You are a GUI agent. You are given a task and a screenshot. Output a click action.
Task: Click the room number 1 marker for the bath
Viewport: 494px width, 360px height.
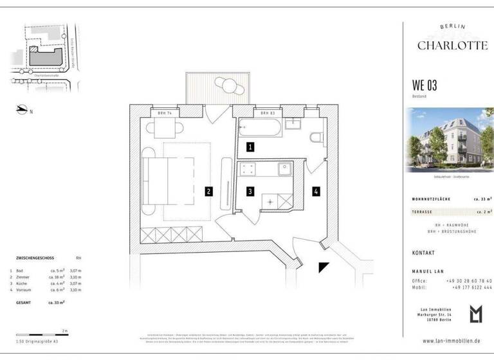point(250,147)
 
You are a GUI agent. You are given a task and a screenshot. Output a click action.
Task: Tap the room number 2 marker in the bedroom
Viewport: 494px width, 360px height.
point(208,191)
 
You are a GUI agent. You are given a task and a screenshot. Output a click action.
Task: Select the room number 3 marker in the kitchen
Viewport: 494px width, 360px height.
point(250,191)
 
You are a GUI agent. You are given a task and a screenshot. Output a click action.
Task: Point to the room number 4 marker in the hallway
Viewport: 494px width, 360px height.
point(316,191)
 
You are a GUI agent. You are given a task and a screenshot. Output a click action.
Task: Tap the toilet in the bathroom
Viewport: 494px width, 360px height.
point(316,138)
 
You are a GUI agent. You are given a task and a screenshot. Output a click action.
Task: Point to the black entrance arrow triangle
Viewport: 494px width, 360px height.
point(324,267)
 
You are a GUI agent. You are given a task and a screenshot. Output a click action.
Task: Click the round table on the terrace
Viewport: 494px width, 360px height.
point(225,84)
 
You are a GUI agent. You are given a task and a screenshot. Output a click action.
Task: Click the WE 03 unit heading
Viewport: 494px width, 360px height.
point(425,85)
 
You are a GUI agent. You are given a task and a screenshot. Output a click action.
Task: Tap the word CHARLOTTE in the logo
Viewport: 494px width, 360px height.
point(444,45)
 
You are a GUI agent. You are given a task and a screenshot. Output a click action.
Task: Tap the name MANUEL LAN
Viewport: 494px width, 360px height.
point(427,271)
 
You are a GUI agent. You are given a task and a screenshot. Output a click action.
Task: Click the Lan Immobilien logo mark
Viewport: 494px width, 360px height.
point(475,314)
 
